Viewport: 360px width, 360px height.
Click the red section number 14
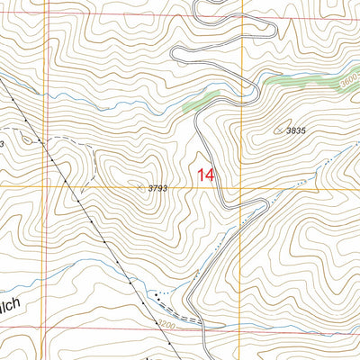pyautogui.click(x=204, y=174)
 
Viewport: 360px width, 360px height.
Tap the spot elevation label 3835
pyautogui.click(x=296, y=131)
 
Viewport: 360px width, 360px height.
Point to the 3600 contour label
pyautogui.click(x=349, y=82)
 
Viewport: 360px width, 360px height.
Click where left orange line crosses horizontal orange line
pyautogui.click(x=46, y=186)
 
